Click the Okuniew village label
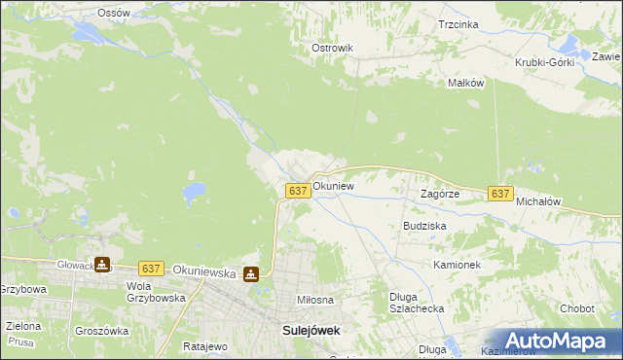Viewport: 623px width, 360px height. pos(333,185)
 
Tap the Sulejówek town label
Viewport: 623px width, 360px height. pos(311,330)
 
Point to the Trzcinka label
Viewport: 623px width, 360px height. pos(458,24)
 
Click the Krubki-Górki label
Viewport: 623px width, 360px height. pos(545,62)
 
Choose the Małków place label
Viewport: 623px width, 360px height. pos(465,84)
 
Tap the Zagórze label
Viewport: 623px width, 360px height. pos(439,194)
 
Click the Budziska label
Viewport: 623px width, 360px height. pos(424,225)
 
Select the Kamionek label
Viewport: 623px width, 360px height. pos(458,265)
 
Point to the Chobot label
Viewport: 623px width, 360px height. pos(576,308)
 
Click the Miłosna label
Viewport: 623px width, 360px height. pos(316,301)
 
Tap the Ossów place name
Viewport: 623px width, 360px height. pos(114,13)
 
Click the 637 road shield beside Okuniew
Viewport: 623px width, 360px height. pos(299,191)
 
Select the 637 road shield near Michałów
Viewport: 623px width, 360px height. pos(500,194)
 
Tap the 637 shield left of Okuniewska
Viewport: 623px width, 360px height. pos(150,268)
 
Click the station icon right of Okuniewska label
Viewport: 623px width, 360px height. pos(251,275)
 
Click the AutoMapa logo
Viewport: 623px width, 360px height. pos(559,341)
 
